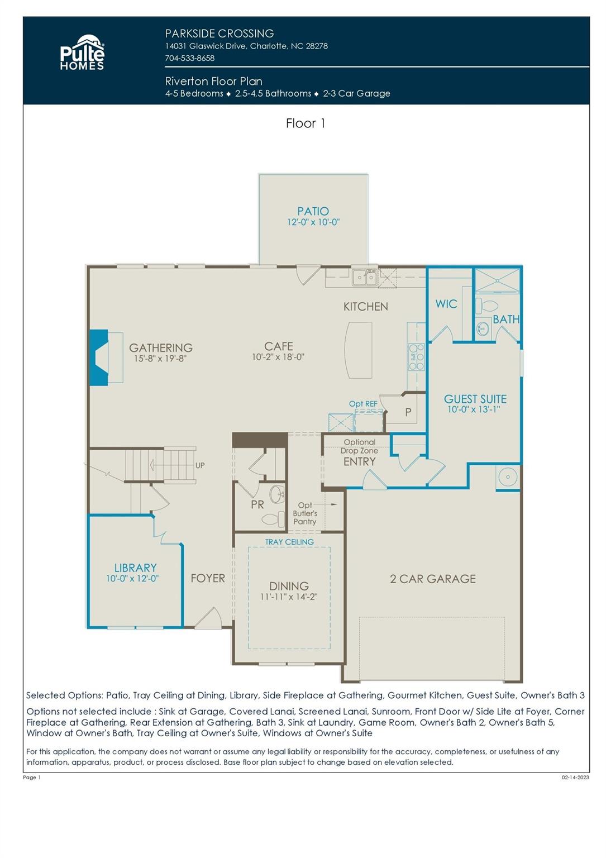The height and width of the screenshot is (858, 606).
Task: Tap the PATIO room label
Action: click(313, 211)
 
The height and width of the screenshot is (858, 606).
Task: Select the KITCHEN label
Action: click(365, 307)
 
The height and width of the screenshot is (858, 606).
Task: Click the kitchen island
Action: click(358, 350)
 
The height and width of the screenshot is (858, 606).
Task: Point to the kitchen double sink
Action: click(365, 277)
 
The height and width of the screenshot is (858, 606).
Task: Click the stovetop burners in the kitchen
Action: click(417, 357)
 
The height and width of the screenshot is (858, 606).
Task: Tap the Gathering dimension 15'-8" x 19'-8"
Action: click(160, 359)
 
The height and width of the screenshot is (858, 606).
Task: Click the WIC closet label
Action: click(446, 304)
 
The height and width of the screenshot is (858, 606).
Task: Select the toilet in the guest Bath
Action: click(486, 306)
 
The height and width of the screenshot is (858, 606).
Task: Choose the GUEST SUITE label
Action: click(475, 399)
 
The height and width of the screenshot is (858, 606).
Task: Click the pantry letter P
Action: click(408, 412)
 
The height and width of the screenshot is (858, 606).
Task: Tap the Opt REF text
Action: click(362, 404)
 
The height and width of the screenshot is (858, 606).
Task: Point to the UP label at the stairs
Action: click(200, 465)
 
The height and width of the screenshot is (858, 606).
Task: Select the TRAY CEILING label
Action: click(289, 542)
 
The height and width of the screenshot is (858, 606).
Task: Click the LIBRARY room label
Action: click(136, 568)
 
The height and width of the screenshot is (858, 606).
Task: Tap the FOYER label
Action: click(208, 578)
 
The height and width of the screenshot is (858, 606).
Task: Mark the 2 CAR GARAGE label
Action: click(433, 579)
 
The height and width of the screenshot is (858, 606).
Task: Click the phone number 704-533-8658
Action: click(189, 58)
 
